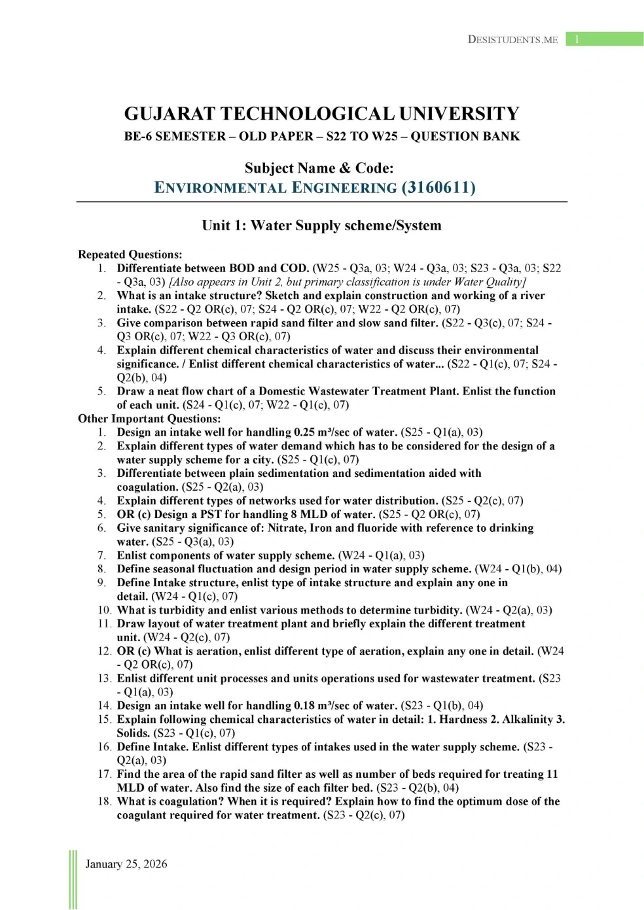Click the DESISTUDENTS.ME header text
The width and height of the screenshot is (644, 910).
pyautogui.click(x=513, y=40)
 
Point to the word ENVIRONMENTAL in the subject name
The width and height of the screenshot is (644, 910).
pyautogui.click(x=221, y=188)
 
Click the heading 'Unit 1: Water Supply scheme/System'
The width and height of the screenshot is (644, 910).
pyautogui.click(x=321, y=226)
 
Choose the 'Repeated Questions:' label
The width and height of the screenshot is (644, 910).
pyautogui.click(x=130, y=254)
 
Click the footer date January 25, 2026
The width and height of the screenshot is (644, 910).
pyautogui.click(x=126, y=864)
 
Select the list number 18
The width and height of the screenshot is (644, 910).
pyautogui.click(x=105, y=801)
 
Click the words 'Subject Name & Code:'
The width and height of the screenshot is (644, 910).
pyautogui.click(x=319, y=168)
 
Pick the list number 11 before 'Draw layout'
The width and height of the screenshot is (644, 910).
pyautogui.click(x=105, y=623)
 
